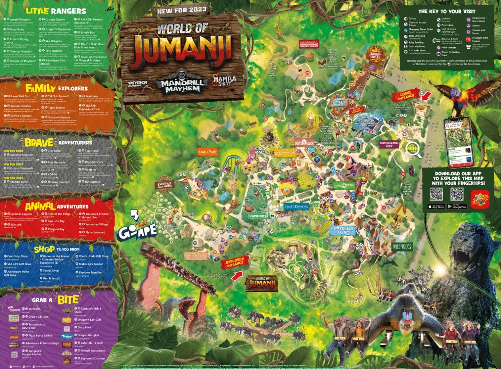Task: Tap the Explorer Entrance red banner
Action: (235, 262)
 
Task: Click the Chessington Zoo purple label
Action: (389, 144)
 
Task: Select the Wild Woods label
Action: (402, 247)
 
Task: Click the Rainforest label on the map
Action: (257, 215)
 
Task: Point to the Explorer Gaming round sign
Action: (165, 184)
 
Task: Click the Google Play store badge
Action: (457, 206)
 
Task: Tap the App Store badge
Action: (436, 206)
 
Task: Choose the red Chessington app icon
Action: (480, 199)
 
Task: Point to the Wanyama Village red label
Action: (309, 44)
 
